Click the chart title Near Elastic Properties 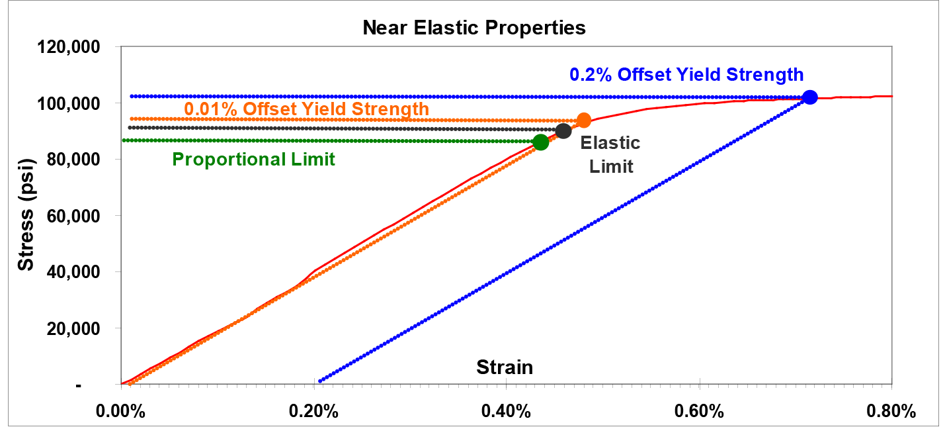click(473, 28)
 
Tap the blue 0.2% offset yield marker click(809, 97)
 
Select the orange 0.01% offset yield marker click(583, 120)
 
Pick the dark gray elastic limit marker click(563, 131)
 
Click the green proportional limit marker click(540, 142)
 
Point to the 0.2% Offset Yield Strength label click(686, 74)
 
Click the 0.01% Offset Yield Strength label click(306, 108)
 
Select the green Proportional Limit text click(253, 160)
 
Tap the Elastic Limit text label click(610, 154)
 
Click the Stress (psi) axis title click(25, 215)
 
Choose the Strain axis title click(505, 367)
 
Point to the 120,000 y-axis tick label click(69, 48)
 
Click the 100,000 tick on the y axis click(69, 104)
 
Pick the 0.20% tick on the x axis click(313, 411)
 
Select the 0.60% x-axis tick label click(698, 411)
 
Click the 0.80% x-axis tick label click(891, 411)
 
